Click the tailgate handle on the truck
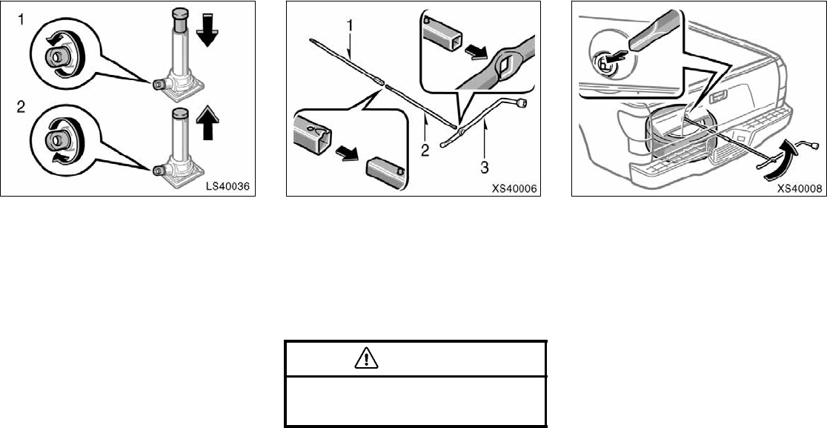[717, 96]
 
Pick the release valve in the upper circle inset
[57, 56]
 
